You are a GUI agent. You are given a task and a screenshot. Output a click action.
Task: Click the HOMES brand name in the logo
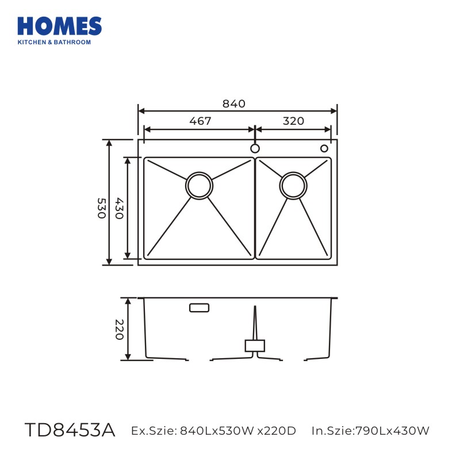coord(60,26)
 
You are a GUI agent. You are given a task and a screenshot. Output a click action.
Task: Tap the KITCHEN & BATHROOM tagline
coord(54,42)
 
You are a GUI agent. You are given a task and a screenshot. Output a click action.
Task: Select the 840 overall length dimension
coord(234,103)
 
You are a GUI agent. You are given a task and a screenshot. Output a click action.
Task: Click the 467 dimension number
coord(200,121)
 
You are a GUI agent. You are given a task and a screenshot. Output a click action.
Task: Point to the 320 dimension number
coord(293,121)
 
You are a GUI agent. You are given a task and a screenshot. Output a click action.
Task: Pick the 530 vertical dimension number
coord(101,208)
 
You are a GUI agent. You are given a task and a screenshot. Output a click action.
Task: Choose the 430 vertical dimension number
coord(119,208)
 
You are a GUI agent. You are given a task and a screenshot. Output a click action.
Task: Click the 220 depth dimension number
coord(119,329)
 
